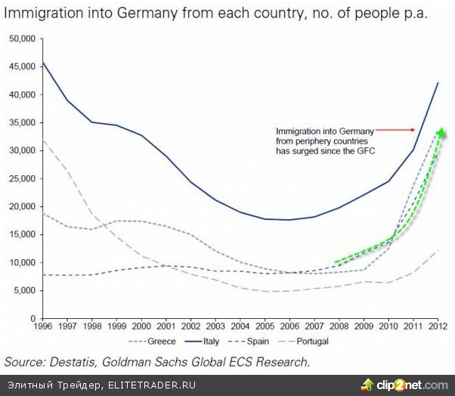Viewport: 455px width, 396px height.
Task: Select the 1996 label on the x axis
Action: coord(42,327)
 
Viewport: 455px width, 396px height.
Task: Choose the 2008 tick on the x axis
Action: coord(340,327)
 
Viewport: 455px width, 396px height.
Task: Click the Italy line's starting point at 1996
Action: coord(42,62)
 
